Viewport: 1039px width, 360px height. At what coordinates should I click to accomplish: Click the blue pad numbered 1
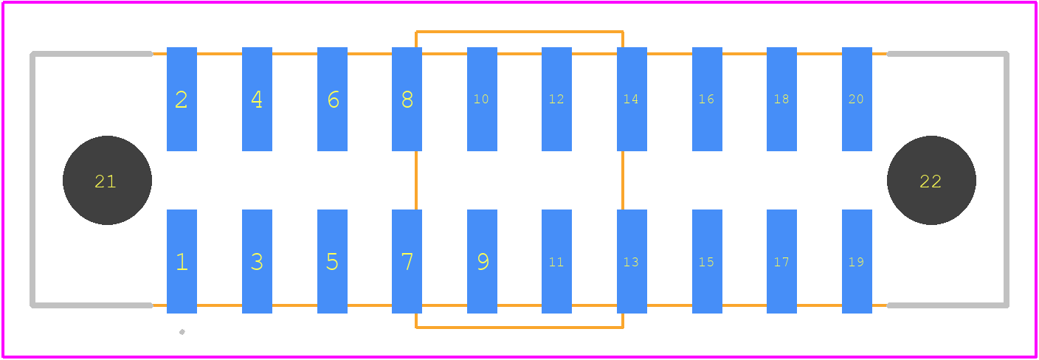[x=182, y=261]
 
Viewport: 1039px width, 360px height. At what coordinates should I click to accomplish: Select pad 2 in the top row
[x=182, y=99]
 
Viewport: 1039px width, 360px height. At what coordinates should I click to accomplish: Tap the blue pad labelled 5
[x=332, y=261]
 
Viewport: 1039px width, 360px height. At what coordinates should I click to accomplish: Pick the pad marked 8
[x=407, y=99]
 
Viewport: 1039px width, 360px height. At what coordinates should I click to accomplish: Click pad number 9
[x=482, y=261]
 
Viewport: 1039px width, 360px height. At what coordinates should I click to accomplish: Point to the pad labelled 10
[x=482, y=99]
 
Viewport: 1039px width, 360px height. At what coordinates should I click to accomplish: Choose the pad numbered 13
[x=632, y=261]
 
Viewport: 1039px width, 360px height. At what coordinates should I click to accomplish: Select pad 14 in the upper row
[x=632, y=99]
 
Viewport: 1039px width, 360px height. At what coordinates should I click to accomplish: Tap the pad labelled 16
[x=707, y=99]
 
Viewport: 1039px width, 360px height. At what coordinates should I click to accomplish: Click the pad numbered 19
[x=857, y=261]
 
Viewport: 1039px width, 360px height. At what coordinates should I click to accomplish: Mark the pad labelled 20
[x=857, y=99]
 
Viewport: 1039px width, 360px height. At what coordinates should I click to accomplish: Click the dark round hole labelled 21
[x=107, y=180]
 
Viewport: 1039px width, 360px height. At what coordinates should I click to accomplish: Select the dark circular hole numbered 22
[x=931, y=180]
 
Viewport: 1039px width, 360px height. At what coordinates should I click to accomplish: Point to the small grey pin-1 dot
[x=182, y=332]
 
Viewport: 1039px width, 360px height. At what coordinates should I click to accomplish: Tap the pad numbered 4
[x=257, y=99]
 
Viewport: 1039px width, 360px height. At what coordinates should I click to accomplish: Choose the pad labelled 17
[x=781, y=261]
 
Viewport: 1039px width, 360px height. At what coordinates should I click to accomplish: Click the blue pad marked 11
[x=556, y=261]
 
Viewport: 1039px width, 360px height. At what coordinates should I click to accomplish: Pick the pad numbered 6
[x=332, y=99]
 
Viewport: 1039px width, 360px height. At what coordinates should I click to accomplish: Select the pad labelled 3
[x=257, y=261]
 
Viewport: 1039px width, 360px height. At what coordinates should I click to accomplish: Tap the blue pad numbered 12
[x=556, y=99]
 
